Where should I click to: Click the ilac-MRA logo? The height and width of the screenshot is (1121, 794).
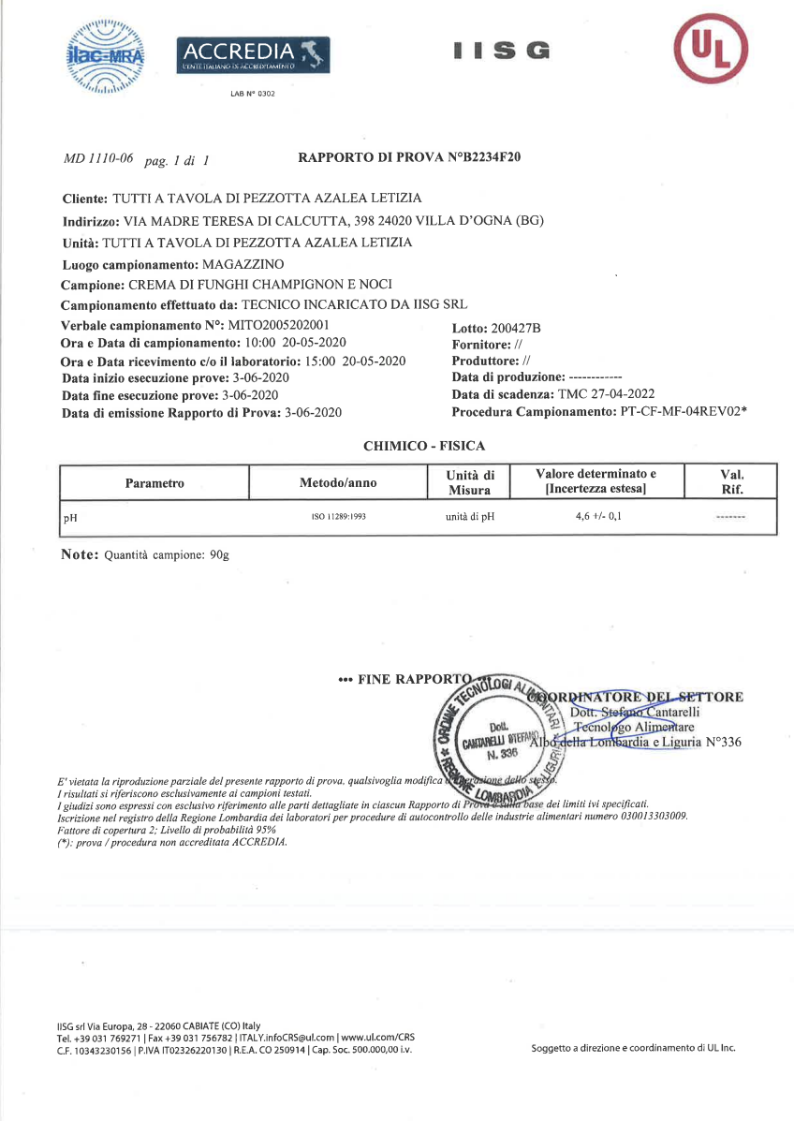(x=106, y=57)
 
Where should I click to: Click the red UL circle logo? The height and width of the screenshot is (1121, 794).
(x=713, y=50)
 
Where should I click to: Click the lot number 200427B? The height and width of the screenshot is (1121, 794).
(x=517, y=329)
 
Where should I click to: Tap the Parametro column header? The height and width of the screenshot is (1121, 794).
(x=154, y=483)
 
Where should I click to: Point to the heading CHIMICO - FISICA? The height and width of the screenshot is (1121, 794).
(x=424, y=447)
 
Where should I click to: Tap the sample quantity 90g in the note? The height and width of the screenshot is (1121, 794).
(x=219, y=555)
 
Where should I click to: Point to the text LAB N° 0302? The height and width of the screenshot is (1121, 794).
(x=252, y=94)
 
